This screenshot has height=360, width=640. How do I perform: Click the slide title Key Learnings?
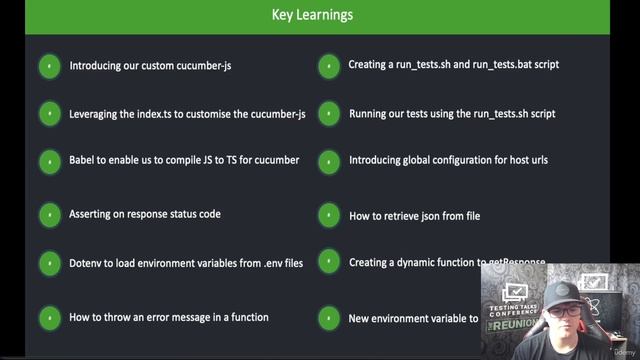click(x=312, y=15)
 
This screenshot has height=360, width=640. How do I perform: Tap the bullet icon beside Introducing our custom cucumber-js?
click(x=48, y=66)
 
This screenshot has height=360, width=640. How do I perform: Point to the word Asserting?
click(x=93, y=214)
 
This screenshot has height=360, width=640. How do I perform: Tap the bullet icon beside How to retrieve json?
click(x=328, y=214)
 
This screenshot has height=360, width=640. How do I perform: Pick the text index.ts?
click(x=167, y=113)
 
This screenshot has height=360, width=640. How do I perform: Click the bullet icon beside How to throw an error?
click(x=48, y=318)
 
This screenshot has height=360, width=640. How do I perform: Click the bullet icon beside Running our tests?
click(x=328, y=113)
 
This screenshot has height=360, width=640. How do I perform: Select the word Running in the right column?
click(x=370, y=113)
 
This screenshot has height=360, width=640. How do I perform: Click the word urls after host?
click(x=536, y=160)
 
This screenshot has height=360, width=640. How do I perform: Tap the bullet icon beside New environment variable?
click(x=328, y=318)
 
